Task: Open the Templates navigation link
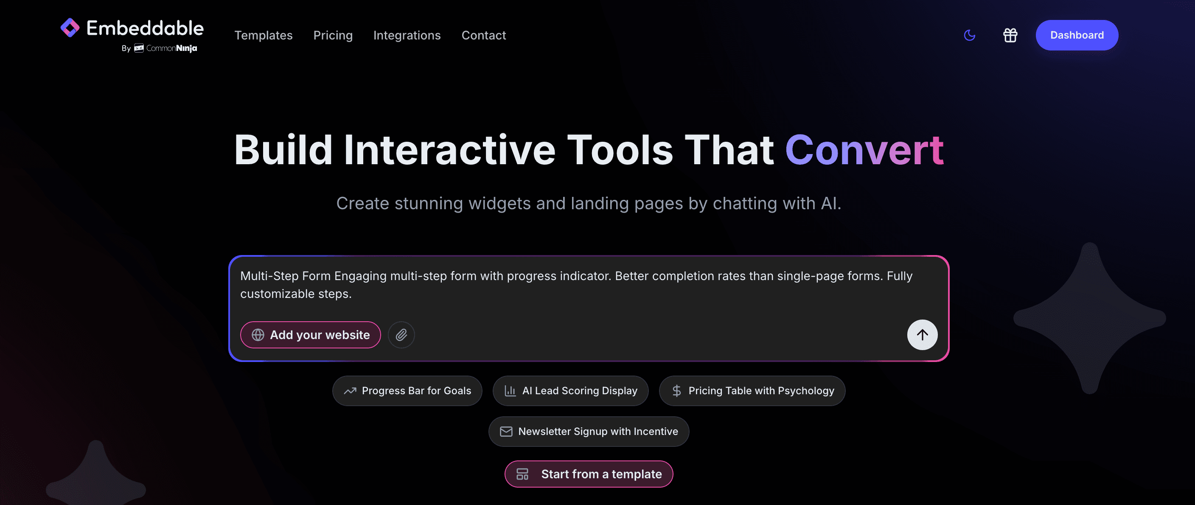click(x=263, y=35)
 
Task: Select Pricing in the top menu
click(x=333, y=35)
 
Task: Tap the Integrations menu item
click(x=407, y=35)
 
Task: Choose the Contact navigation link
click(x=483, y=35)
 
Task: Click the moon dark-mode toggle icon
click(x=969, y=35)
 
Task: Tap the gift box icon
click(x=1010, y=35)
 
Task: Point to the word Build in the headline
click(x=283, y=150)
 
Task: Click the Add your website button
click(x=310, y=335)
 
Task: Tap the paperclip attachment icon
click(x=401, y=335)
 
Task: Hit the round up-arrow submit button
click(x=922, y=335)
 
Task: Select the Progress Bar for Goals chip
click(x=407, y=391)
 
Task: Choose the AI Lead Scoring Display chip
click(x=570, y=391)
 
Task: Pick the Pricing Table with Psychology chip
click(x=752, y=391)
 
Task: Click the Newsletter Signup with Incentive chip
click(x=589, y=432)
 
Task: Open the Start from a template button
click(x=589, y=474)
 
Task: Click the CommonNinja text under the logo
click(x=171, y=48)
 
